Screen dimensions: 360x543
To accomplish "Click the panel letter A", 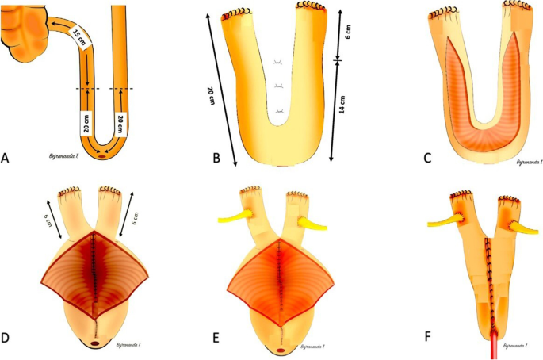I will click(6, 159).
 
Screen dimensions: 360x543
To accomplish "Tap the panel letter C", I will click(428, 158).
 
